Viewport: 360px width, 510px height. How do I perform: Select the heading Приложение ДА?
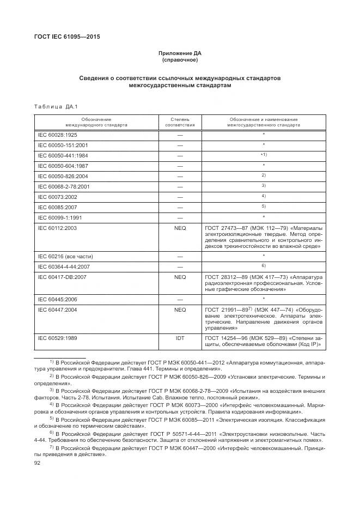(x=180, y=53)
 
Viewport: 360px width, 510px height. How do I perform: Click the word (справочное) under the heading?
(x=180, y=60)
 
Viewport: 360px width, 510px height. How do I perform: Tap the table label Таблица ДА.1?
(x=55, y=107)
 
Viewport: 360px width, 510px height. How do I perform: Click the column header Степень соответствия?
(x=180, y=122)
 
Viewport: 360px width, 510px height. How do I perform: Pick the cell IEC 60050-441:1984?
(x=63, y=155)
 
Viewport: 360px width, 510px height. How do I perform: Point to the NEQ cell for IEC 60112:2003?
(x=180, y=228)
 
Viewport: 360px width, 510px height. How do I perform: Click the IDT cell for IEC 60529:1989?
(x=180, y=338)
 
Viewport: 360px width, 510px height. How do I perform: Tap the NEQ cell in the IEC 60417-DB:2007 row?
(x=180, y=277)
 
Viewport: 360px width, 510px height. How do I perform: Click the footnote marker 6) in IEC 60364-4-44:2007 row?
(x=263, y=265)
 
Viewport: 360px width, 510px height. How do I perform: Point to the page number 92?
(x=38, y=462)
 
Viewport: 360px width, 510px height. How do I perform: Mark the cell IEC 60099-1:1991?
(x=60, y=217)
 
